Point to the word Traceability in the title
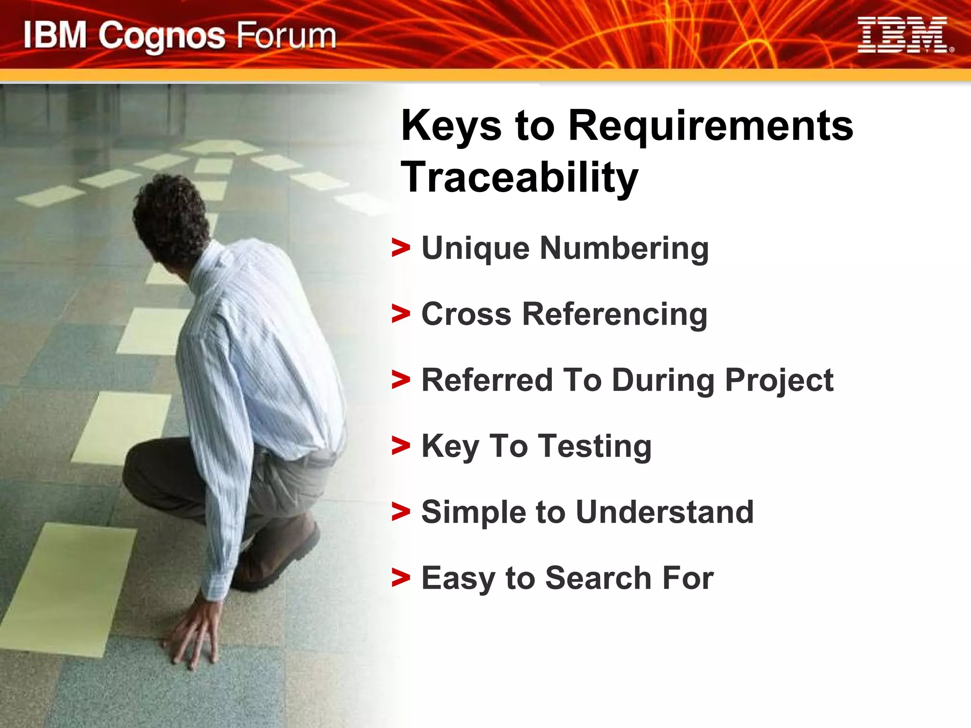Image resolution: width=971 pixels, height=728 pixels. pyautogui.click(x=520, y=177)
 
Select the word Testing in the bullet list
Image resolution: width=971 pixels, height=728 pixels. pyautogui.click(x=595, y=446)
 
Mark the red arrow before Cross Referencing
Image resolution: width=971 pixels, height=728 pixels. pyautogui.click(x=401, y=314)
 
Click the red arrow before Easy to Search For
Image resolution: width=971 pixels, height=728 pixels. pyautogui.click(x=401, y=578)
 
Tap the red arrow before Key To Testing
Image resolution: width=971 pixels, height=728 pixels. pyautogui.click(x=401, y=446)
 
